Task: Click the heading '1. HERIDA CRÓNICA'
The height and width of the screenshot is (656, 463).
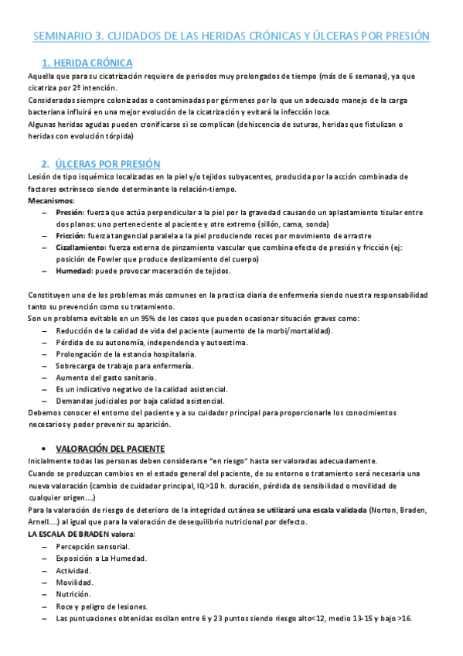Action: click(87, 63)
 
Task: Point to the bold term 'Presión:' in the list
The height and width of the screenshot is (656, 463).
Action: click(70, 213)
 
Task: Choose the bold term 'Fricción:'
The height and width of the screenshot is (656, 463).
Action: click(71, 235)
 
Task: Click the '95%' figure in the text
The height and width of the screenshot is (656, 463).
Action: click(141, 319)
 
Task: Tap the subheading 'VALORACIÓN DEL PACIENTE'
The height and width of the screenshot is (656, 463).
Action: click(120, 448)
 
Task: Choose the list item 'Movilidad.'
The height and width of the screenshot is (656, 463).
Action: click(74, 582)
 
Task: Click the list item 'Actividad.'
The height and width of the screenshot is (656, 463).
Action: click(74, 570)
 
